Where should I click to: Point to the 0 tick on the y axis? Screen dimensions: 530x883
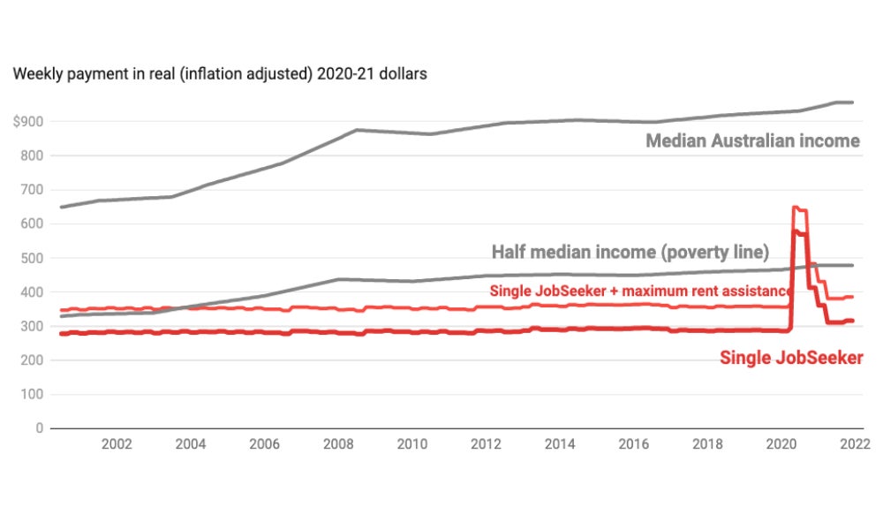(39, 428)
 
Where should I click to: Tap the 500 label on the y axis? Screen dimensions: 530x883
(33, 258)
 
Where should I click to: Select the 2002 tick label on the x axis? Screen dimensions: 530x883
(117, 444)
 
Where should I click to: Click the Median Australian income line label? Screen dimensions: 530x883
(752, 140)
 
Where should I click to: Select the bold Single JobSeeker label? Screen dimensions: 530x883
(791, 358)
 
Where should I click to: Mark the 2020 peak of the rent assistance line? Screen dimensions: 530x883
(796, 208)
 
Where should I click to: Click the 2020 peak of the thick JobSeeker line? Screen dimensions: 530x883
(796, 231)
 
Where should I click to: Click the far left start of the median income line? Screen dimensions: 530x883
(60, 207)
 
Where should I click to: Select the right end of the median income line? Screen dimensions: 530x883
(852, 102)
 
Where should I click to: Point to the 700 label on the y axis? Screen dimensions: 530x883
(33, 189)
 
